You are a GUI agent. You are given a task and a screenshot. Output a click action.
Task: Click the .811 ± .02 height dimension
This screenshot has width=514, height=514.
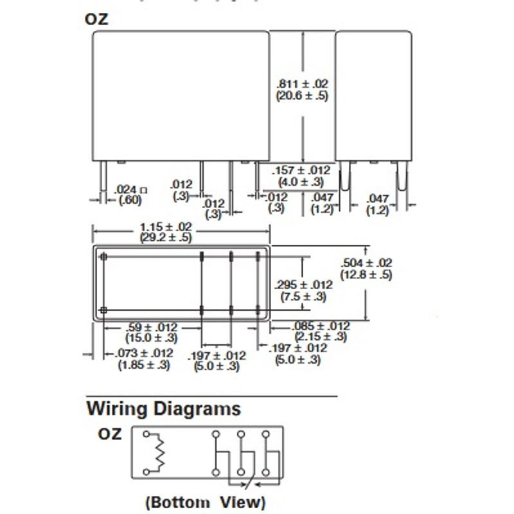(x=302, y=84)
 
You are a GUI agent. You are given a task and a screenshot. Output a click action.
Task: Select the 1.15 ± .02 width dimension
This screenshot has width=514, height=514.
(x=166, y=227)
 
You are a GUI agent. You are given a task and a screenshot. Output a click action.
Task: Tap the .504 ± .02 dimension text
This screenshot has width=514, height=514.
(x=366, y=263)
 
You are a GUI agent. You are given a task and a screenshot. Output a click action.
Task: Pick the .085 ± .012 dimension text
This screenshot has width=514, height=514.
(x=321, y=326)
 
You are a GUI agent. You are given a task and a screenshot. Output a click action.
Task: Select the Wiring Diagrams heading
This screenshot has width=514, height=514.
(x=164, y=409)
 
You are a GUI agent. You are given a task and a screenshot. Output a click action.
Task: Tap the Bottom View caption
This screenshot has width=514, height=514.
(x=205, y=501)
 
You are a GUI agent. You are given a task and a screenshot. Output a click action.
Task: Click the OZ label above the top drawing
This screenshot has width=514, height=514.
(x=97, y=19)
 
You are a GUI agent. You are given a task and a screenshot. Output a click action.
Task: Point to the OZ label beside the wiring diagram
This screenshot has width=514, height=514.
(x=110, y=434)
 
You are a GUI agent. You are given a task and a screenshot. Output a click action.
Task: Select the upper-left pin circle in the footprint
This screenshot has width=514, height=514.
(x=103, y=257)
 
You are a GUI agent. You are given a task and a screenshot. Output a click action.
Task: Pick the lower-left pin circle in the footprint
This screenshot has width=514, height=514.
(x=103, y=311)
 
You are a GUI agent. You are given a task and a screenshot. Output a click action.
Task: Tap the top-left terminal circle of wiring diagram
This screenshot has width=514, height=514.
(x=147, y=434)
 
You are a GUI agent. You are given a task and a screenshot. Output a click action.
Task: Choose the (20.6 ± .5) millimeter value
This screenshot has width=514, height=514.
(x=302, y=96)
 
